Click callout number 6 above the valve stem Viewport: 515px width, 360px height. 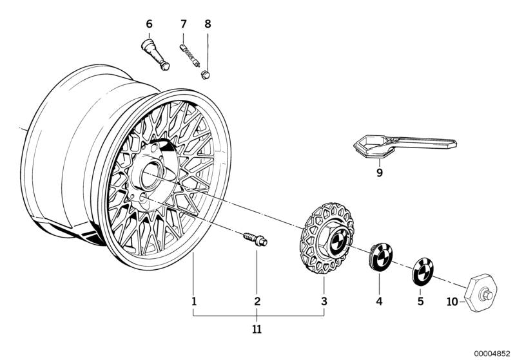pos(149,24)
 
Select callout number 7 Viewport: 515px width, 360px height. pos(183,24)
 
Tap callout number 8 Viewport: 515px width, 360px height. pos(208,24)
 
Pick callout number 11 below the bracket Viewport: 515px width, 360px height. pos(257,330)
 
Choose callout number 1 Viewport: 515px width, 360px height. pos(193,301)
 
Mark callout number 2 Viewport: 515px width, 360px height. pos(257,301)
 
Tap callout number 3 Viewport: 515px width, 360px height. pos(324,301)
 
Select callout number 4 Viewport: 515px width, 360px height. pos(379,301)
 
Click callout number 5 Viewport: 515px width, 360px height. pos(420,301)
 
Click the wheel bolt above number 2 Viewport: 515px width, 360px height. pos(255,240)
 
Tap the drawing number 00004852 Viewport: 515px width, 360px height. pos(491,353)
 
